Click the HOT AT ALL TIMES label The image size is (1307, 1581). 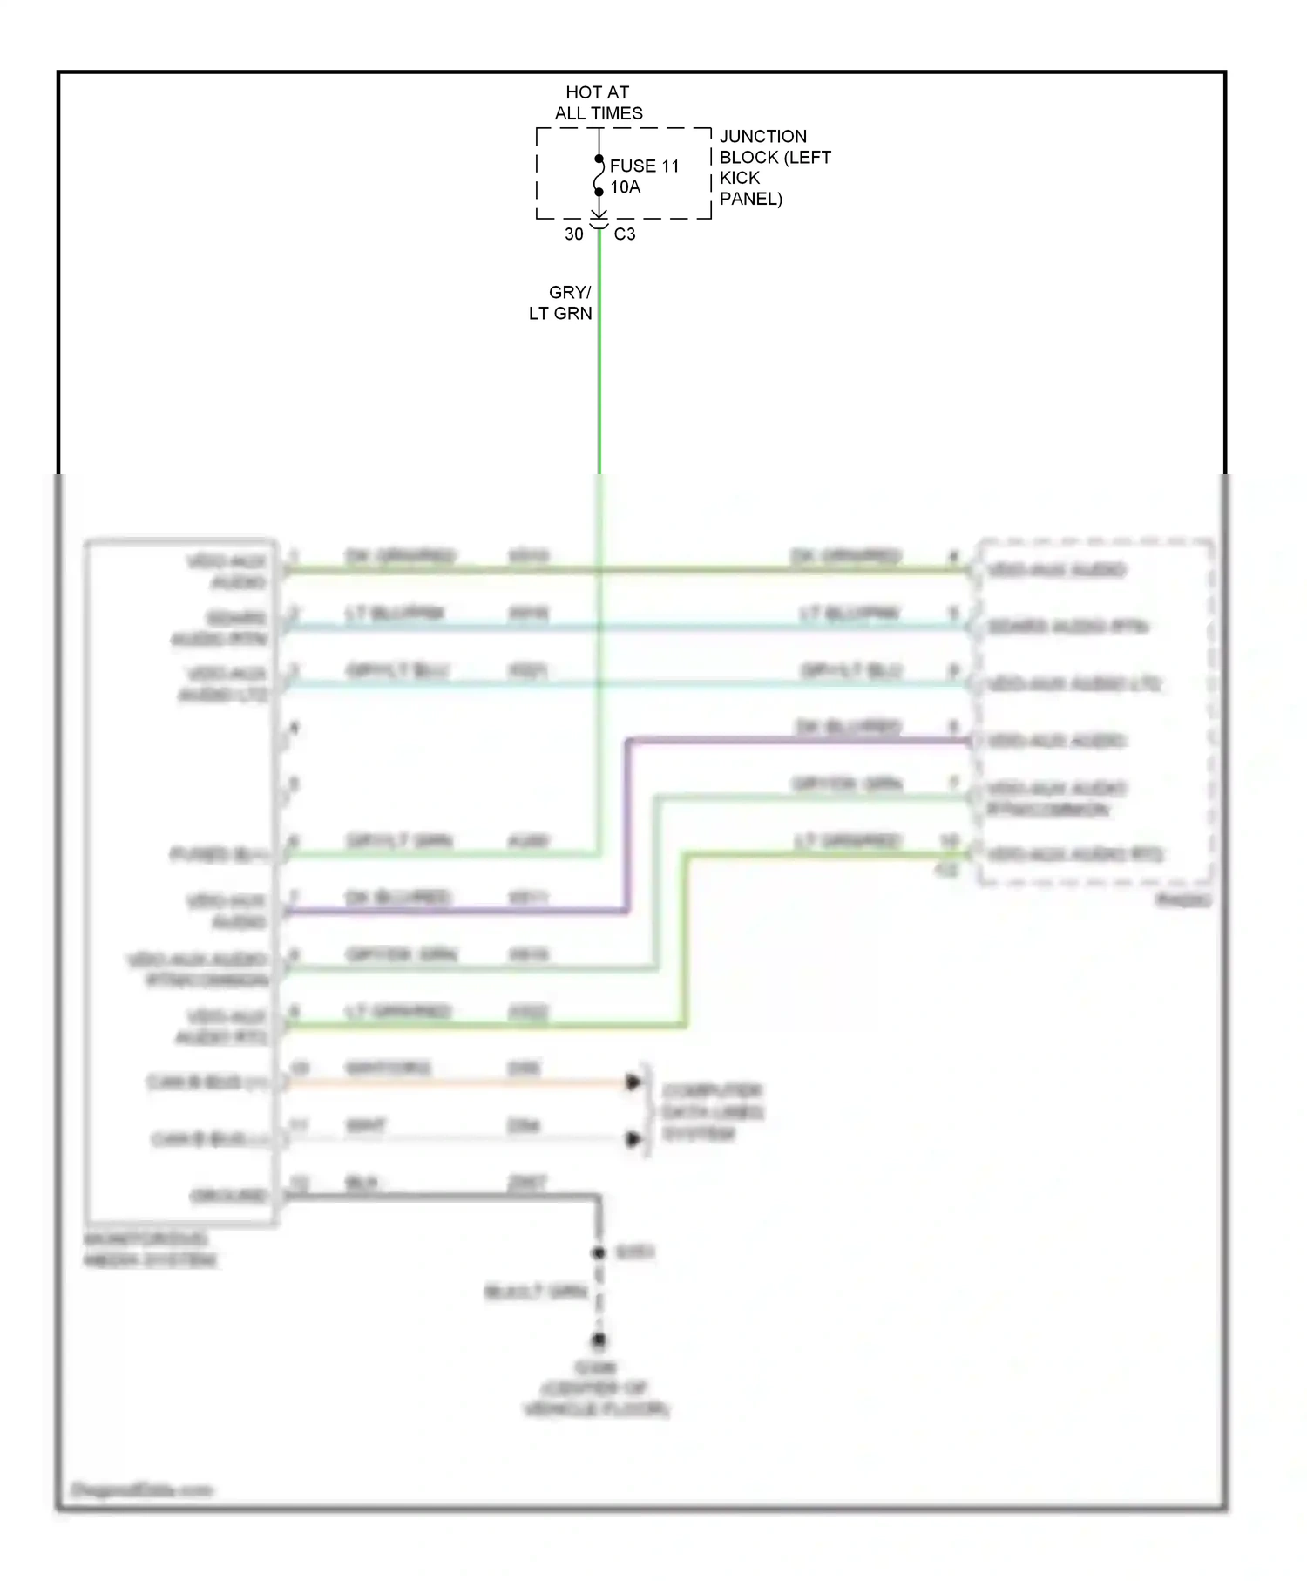[598, 103]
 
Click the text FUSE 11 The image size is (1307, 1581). [644, 166]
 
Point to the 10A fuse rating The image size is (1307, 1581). [625, 187]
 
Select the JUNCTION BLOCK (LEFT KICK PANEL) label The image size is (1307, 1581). [774, 167]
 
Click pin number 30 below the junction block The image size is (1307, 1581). [573, 234]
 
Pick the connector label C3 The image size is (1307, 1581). [625, 234]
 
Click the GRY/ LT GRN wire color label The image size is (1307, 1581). [561, 303]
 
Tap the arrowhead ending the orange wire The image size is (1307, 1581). [633, 1082]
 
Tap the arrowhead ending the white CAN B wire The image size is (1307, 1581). [633, 1139]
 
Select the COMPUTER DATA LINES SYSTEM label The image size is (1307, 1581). [712, 1112]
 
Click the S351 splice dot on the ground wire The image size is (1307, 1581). [599, 1252]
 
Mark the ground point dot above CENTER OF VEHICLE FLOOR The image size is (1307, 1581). [599, 1340]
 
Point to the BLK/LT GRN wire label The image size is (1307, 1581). [536, 1292]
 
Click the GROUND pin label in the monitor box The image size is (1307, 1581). [228, 1196]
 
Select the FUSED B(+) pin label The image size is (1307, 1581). [219, 855]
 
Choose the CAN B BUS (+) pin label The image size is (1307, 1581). [207, 1082]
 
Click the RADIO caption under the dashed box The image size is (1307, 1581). [1182, 900]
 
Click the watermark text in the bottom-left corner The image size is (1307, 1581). [142, 1489]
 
